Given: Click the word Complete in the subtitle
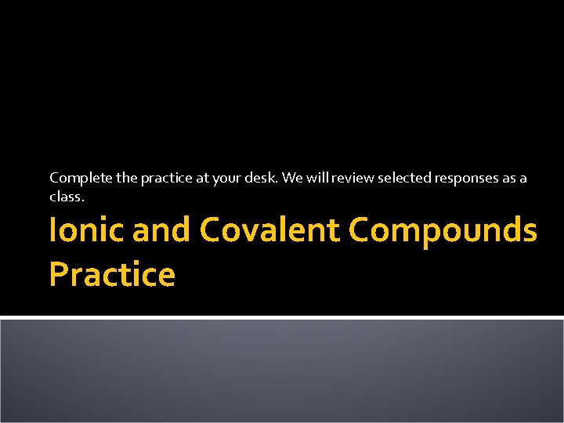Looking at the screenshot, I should tap(81, 179).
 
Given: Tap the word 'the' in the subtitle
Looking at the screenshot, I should tap(126, 179).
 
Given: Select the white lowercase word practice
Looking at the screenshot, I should tap(165, 179).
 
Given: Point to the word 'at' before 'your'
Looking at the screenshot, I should tap(203, 179).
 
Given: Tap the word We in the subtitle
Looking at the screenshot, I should tap(292, 179).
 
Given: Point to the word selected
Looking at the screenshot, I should tap(403, 179).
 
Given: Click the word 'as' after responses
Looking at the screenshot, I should tap(510, 179).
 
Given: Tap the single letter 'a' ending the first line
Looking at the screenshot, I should tap(524, 179).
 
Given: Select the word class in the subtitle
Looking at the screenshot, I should tap(66, 197).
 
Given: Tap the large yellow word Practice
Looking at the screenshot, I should tap(112, 275).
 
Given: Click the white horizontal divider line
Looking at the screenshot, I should tap(282, 317).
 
